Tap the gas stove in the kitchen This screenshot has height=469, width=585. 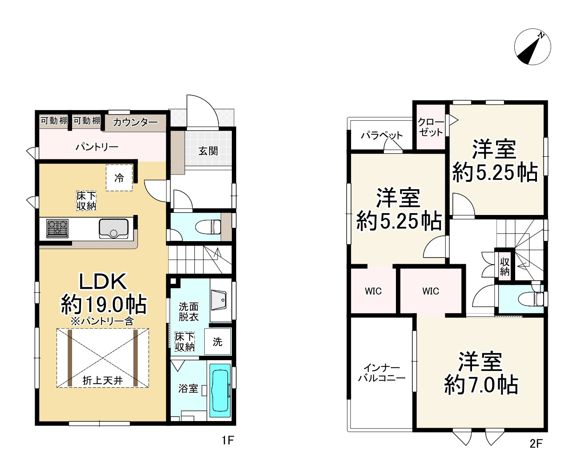[57, 228]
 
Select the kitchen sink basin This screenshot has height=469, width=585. [113, 229]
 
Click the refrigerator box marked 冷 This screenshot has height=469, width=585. [119, 178]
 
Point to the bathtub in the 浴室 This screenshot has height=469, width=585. [220, 391]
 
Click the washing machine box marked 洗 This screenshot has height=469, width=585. [218, 342]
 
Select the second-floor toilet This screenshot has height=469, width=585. [530, 299]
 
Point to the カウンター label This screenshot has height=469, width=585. [135, 122]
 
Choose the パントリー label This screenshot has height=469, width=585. [97, 147]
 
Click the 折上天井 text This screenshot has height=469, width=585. [102, 381]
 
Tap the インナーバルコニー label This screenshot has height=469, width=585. [382, 373]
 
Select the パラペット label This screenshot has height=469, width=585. [382, 135]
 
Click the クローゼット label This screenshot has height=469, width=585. [431, 127]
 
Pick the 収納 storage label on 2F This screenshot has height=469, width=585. [504, 267]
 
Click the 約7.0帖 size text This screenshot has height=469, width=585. [481, 385]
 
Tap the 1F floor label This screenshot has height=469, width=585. [228, 440]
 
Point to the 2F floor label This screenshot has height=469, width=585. [536, 444]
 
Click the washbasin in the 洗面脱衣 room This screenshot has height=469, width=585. [219, 300]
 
